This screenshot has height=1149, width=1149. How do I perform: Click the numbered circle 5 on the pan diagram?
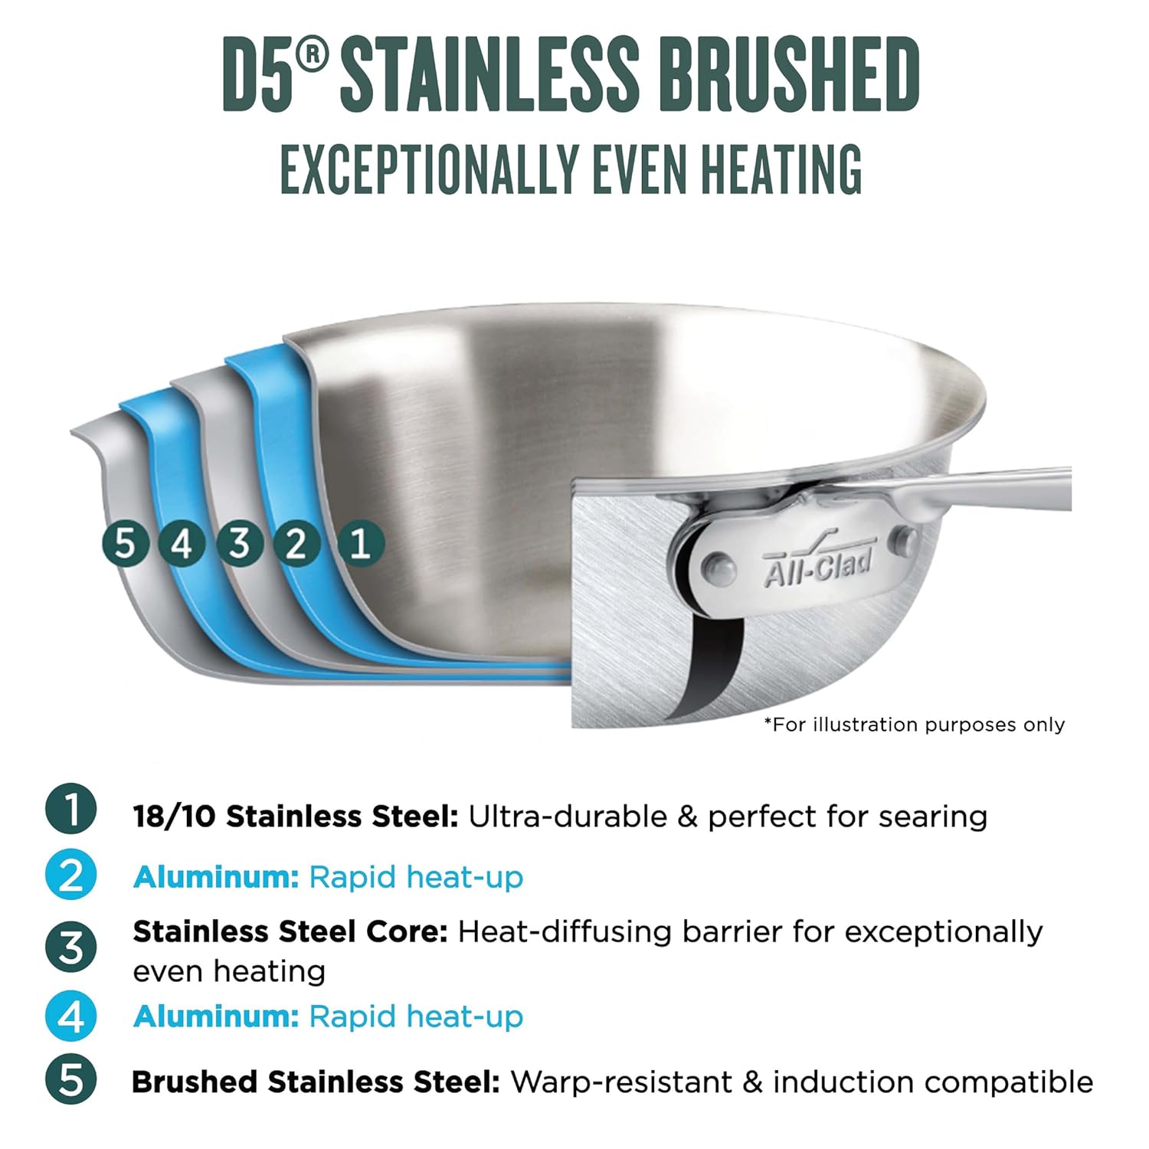pos(125,544)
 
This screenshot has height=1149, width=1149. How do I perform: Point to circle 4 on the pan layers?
pos(182,544)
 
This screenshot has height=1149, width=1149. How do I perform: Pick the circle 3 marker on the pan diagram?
pos(239,544)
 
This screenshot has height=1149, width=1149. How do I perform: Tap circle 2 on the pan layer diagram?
pos(296,544)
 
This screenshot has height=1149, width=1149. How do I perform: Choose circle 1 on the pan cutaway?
pos(360,544)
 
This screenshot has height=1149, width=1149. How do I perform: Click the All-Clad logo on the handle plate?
pos(818,565)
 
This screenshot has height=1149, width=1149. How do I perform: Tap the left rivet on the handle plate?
pos(720,569)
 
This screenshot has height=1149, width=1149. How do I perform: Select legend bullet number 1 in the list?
pos(71,809)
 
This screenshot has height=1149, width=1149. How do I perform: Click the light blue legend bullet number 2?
pos(71,875)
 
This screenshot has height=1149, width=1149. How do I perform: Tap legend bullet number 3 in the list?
pos(71,948)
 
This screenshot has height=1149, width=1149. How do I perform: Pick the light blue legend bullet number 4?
pos(71,1016)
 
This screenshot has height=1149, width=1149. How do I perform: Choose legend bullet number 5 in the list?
pos(71,1080)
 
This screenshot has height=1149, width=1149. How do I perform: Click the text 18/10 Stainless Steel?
pos(296,817)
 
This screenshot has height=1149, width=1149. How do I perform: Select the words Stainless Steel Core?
pos(290,932)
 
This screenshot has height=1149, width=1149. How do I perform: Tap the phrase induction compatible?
pos(932,1082)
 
